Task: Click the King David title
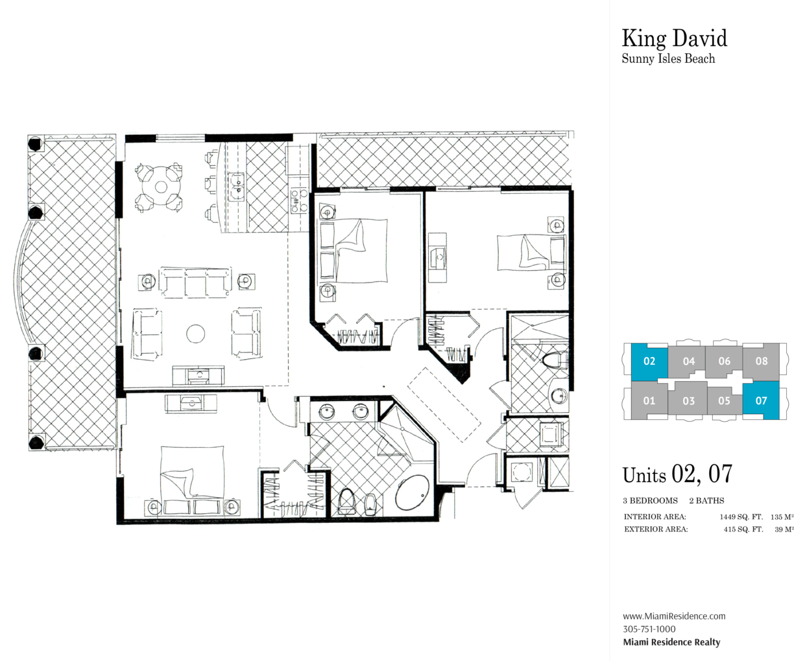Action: tap(674, 39)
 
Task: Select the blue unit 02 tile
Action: tap(649, 361)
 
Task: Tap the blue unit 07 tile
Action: tap(761, 400)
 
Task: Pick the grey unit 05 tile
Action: tap(724, 401)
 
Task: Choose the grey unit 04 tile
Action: tap(689, 361)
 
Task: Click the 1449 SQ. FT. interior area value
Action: tap(741, 516)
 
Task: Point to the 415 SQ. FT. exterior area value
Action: tap(743, 529)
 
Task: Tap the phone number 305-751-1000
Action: tap(649, 629)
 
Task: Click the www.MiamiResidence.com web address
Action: tap(674, 616)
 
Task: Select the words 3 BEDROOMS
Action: tap(650, 501)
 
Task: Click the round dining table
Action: tap(160, 187)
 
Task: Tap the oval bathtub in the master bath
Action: tap(413, 493)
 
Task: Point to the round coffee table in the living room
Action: tap(196, 334)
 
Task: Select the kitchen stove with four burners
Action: tap(299, 200)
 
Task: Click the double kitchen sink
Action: tap(237, 187)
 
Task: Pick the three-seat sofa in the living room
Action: tap(195, 283)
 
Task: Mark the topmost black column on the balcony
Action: tap(35, 144)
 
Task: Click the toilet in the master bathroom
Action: tap(345, 502)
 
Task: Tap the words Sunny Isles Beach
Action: tap(668, 59)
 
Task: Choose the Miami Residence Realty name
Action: tap(671, 642)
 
